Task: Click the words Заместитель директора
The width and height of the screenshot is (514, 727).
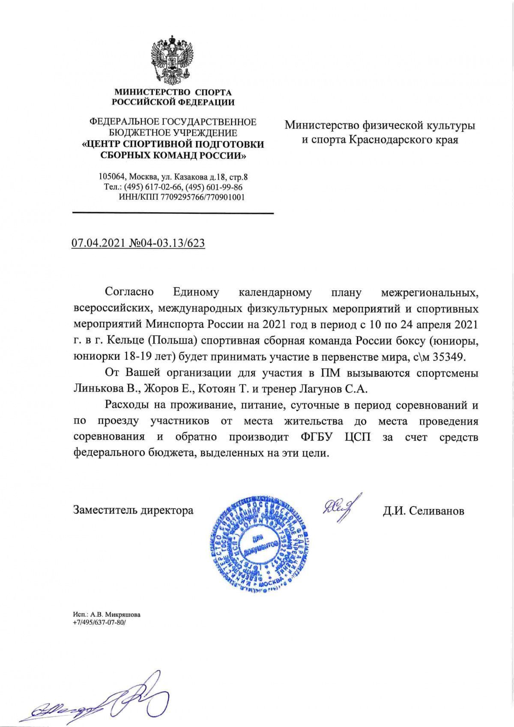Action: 133,511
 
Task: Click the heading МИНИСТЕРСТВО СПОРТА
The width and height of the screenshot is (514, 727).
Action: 173,92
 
